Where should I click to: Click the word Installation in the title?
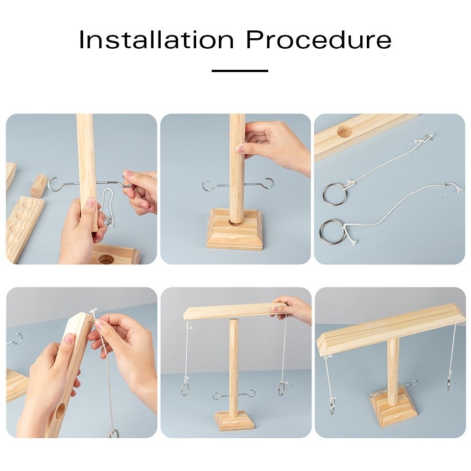pyautogui.click(x=156, y=40)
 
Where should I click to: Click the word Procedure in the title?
pyautogui.click(x=319, y=40)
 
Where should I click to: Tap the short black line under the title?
pyautogui.click(x=240, y=71)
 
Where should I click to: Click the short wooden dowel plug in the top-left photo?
pyautogui.click(x=39, y=186)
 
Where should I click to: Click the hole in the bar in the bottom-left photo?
pyautogui.click(x=60, y=411)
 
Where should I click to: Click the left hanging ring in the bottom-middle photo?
pyautogui.click(x=184, y=388)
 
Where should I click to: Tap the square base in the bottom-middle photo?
pyautogui.click(x=234, y=420)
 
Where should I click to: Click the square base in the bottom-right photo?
pyautogui.click(x=393, y=408)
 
